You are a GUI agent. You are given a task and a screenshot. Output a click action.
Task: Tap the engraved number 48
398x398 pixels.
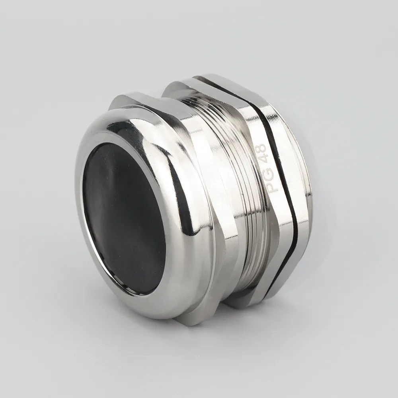[x=261, y=153]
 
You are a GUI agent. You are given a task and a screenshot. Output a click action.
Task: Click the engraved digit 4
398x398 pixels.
[x=262, y=159]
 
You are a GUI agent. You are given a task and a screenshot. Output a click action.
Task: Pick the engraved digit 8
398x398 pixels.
[x=259, y=148]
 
